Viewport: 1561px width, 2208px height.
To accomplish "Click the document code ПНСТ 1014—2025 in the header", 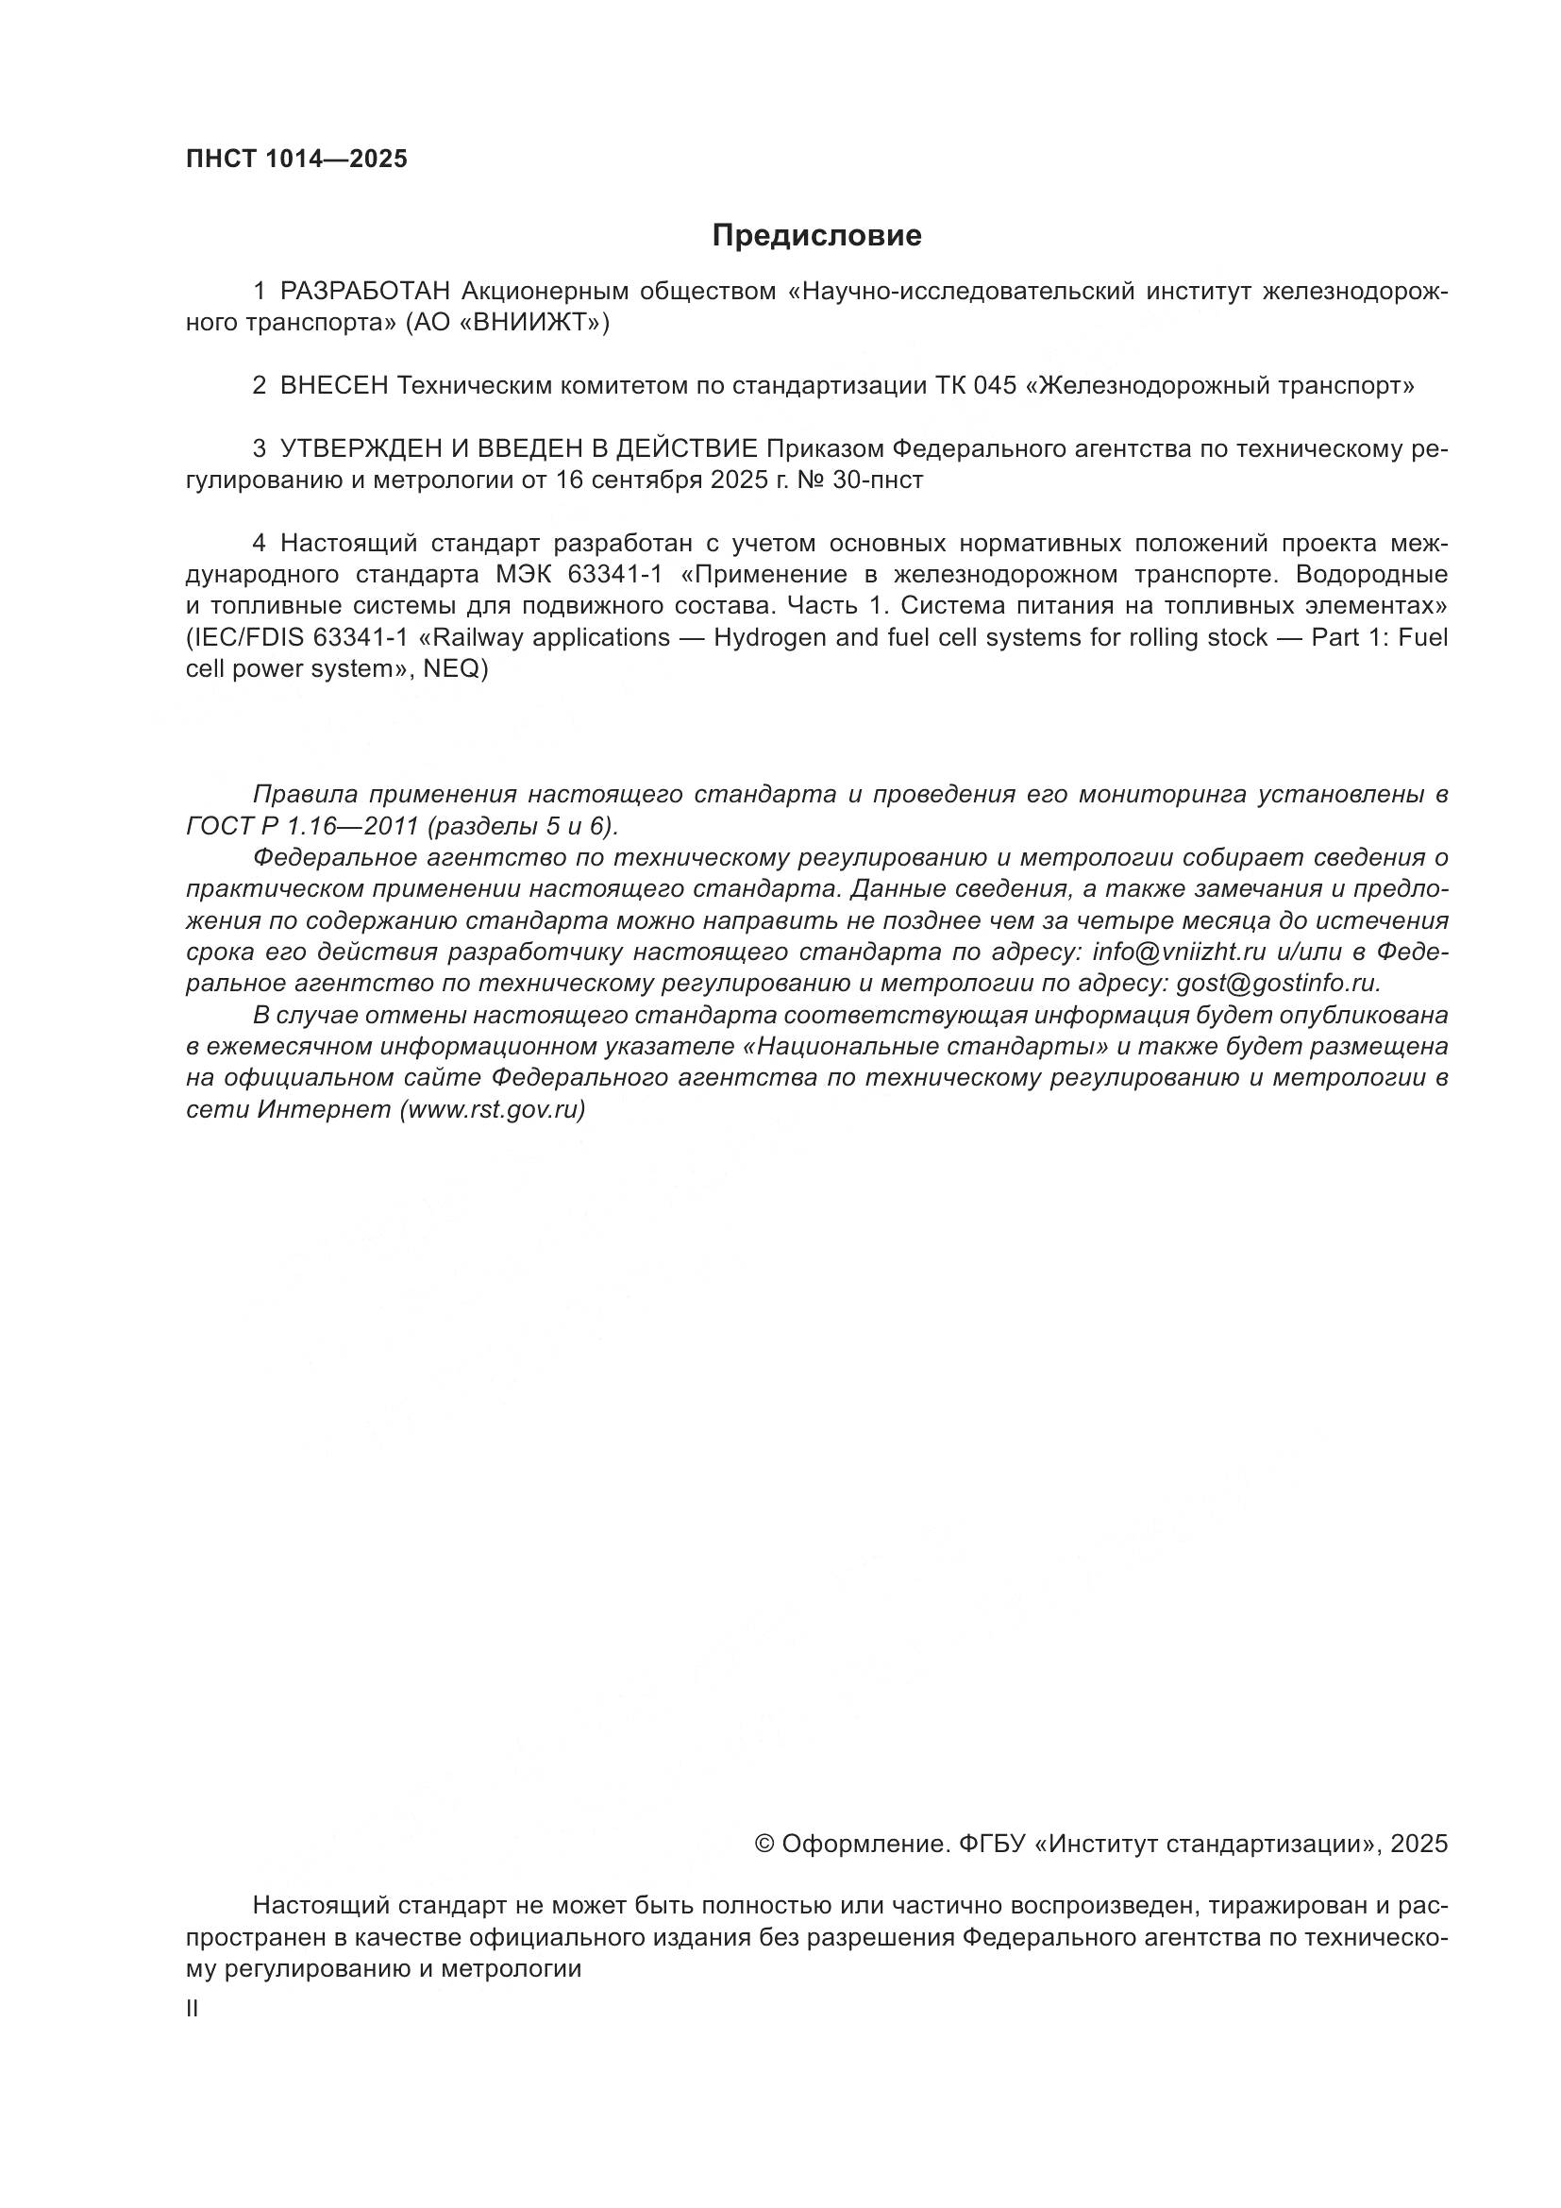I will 296,159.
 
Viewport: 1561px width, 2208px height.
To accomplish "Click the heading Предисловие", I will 816,236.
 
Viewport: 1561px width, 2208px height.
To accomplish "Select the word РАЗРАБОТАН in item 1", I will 364,291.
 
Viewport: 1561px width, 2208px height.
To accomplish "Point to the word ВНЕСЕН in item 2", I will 333,386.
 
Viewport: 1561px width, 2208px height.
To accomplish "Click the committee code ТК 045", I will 976,386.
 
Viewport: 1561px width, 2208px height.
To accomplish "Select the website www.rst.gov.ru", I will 493,1110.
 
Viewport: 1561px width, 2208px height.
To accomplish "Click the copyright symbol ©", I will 765,1844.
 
